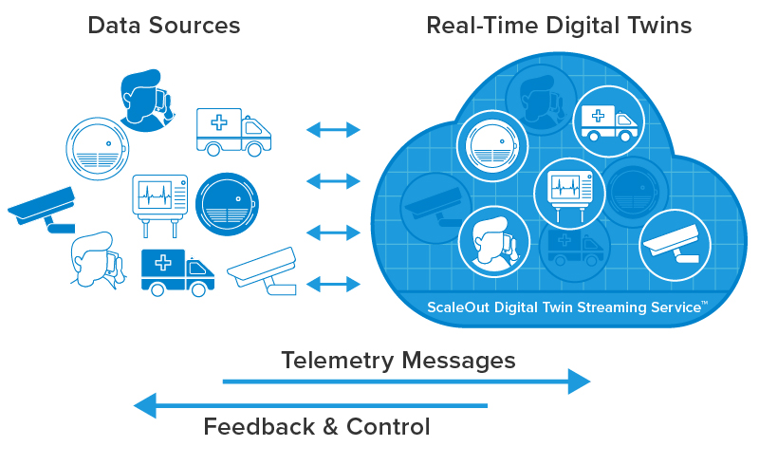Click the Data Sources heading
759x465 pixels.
pyautogui.click(x=164, y=26)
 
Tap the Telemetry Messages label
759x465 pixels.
pyautogui.click(x=398, y=361)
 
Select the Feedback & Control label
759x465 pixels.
pyautogui.click(x=317, y=427)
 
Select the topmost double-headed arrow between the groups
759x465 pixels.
pyautogui.click(x=333, y=130)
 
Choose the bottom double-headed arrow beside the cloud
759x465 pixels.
pyautogui.click(x=333, y=284)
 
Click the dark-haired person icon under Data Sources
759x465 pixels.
pyautogui.click(x=148, y=96)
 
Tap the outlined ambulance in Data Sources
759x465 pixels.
pyautogui.click(x=232, y=130)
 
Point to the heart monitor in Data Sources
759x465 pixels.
pyautogui.click(x=159, y=201)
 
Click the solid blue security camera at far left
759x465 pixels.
pyautogui.click(x=44, y=210)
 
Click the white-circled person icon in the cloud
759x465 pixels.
pyautogui.click(x=493, y=239)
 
